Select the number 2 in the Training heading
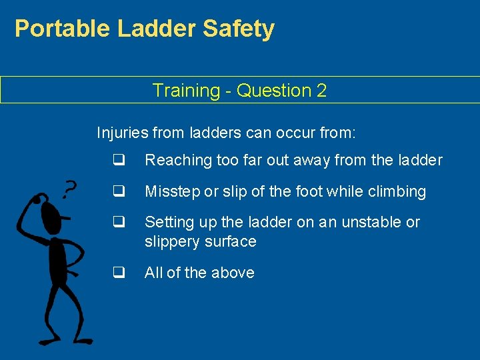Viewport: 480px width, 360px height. pyautogui.click(x=321, y=91)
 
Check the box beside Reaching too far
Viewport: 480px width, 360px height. pyautogui.click(x=119, y=160)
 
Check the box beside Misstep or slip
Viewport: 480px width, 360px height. pyautogui.click(x=119, y=191)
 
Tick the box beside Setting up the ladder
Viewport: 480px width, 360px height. pyautogui.click(x=119, y=222)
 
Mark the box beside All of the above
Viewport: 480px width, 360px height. pyautogui.click(x=119, y=273)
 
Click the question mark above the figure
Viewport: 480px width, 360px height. pyautogui.click(x=68, y=189)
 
